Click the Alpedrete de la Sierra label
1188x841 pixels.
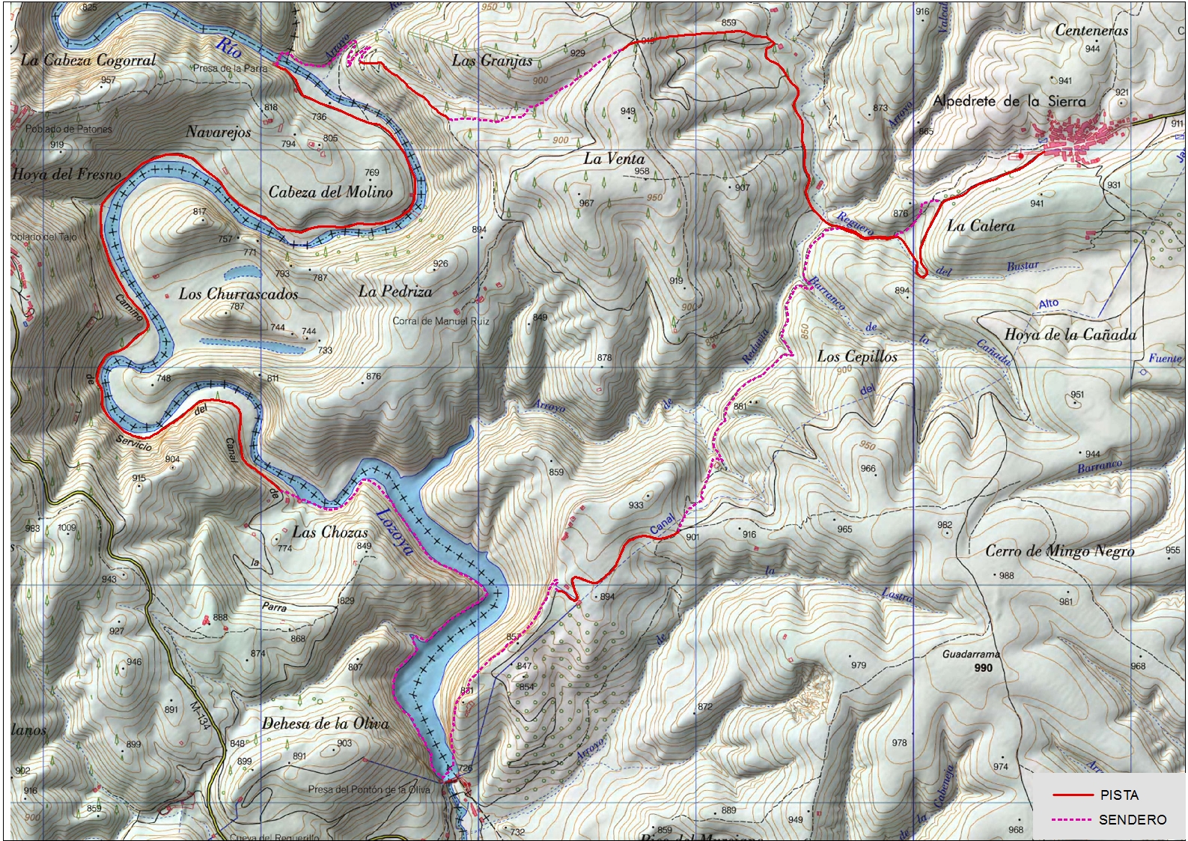coord(1009,101)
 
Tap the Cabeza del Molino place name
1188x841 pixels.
coord(330,192)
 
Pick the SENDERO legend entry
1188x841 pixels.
coord(1132,820)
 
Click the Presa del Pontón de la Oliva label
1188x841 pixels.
coord(369,789)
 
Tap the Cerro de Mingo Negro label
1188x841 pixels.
coord(1059,551)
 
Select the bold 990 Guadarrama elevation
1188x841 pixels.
coord(983,667)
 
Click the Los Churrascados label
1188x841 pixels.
coord(238,294)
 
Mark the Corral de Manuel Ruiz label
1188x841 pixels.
coord(441,321)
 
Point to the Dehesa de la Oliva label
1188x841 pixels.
coord(325,723)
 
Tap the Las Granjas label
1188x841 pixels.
coord(492,61)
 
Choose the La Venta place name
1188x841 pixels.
coord(614,158)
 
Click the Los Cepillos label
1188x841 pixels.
coord(856,356)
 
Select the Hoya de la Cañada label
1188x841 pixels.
coord(1070,335)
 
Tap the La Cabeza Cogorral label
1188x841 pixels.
coord(88,60)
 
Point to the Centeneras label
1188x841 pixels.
coord(1091,31)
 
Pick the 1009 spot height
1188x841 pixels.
coord(67,527)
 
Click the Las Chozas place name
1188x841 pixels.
coord(330,532)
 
